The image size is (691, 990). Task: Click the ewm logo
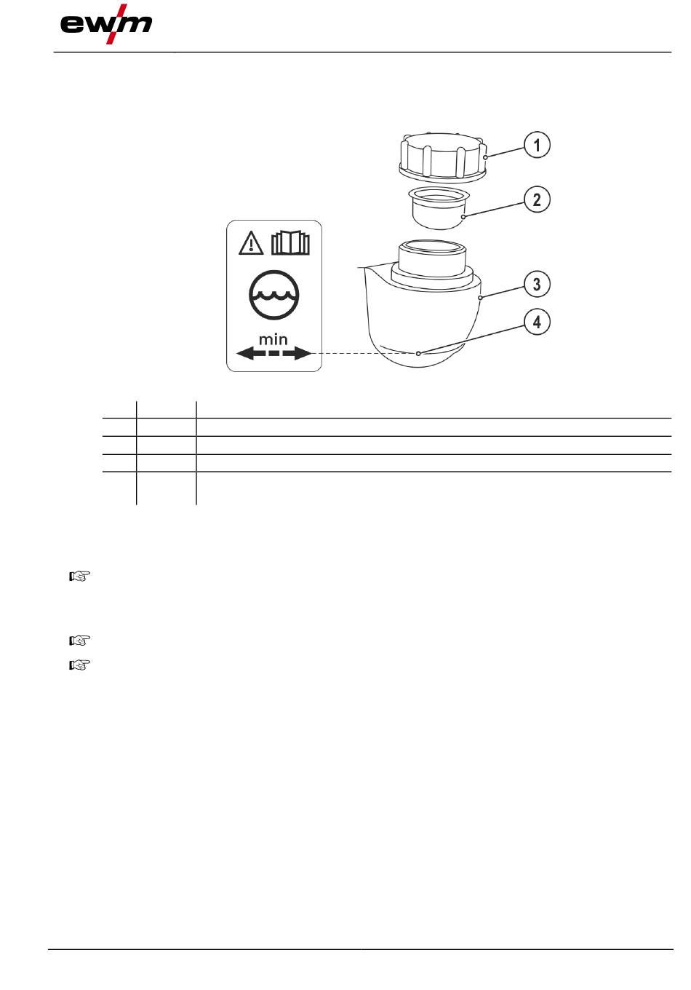[x=106, y=24]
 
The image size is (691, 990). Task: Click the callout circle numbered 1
[x=537, y=145]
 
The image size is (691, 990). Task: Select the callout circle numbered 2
[x=537, y=199]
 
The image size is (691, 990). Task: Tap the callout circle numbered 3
[x=537, y=284]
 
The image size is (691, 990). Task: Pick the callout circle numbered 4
[x=537, y=322]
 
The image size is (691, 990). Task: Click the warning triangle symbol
[x=251, y=243]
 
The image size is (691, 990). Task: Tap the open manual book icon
[x=290, y=242]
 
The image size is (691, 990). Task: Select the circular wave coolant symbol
[x=273, y=294]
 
